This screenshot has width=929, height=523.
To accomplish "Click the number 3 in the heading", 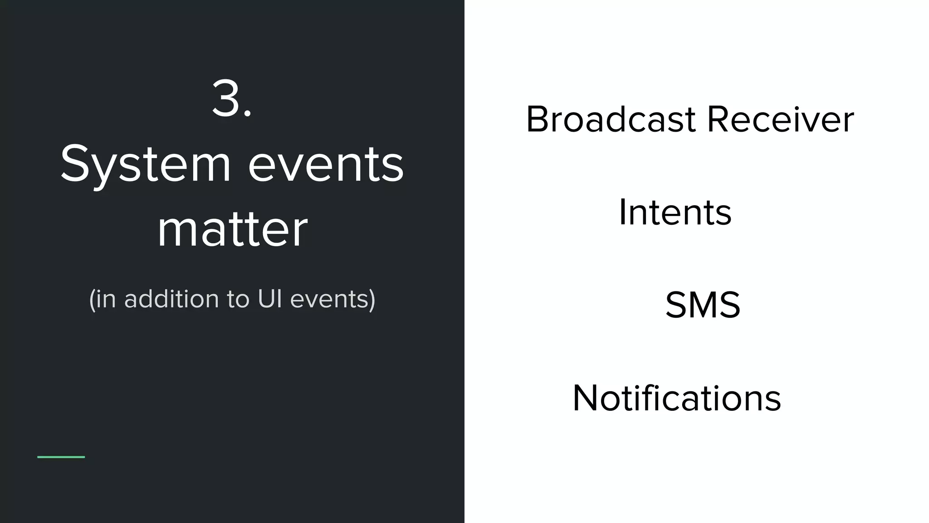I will tap(226, 99).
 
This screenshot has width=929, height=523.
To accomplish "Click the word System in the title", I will tap(145, 164).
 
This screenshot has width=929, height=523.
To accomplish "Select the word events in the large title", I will tap(326, 164).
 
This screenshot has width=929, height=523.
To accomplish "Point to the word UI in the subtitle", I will tap(270, 299).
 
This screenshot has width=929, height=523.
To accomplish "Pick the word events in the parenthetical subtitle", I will tap(328, 299).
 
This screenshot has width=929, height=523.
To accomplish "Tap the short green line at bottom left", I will tap(61, 457).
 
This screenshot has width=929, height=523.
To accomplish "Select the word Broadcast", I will tap(611, 119).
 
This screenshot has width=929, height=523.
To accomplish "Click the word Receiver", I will tap(780, 119).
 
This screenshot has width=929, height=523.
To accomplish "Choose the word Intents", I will tap(675, 212).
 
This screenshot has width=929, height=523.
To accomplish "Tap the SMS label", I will tap(703, 305).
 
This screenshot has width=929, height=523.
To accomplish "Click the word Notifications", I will tap(677, 398).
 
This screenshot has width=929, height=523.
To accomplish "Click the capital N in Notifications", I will tap(587, 398).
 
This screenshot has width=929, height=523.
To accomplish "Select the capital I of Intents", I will tap(623, 212).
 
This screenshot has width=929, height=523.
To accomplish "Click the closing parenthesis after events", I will tap(372, 300).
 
